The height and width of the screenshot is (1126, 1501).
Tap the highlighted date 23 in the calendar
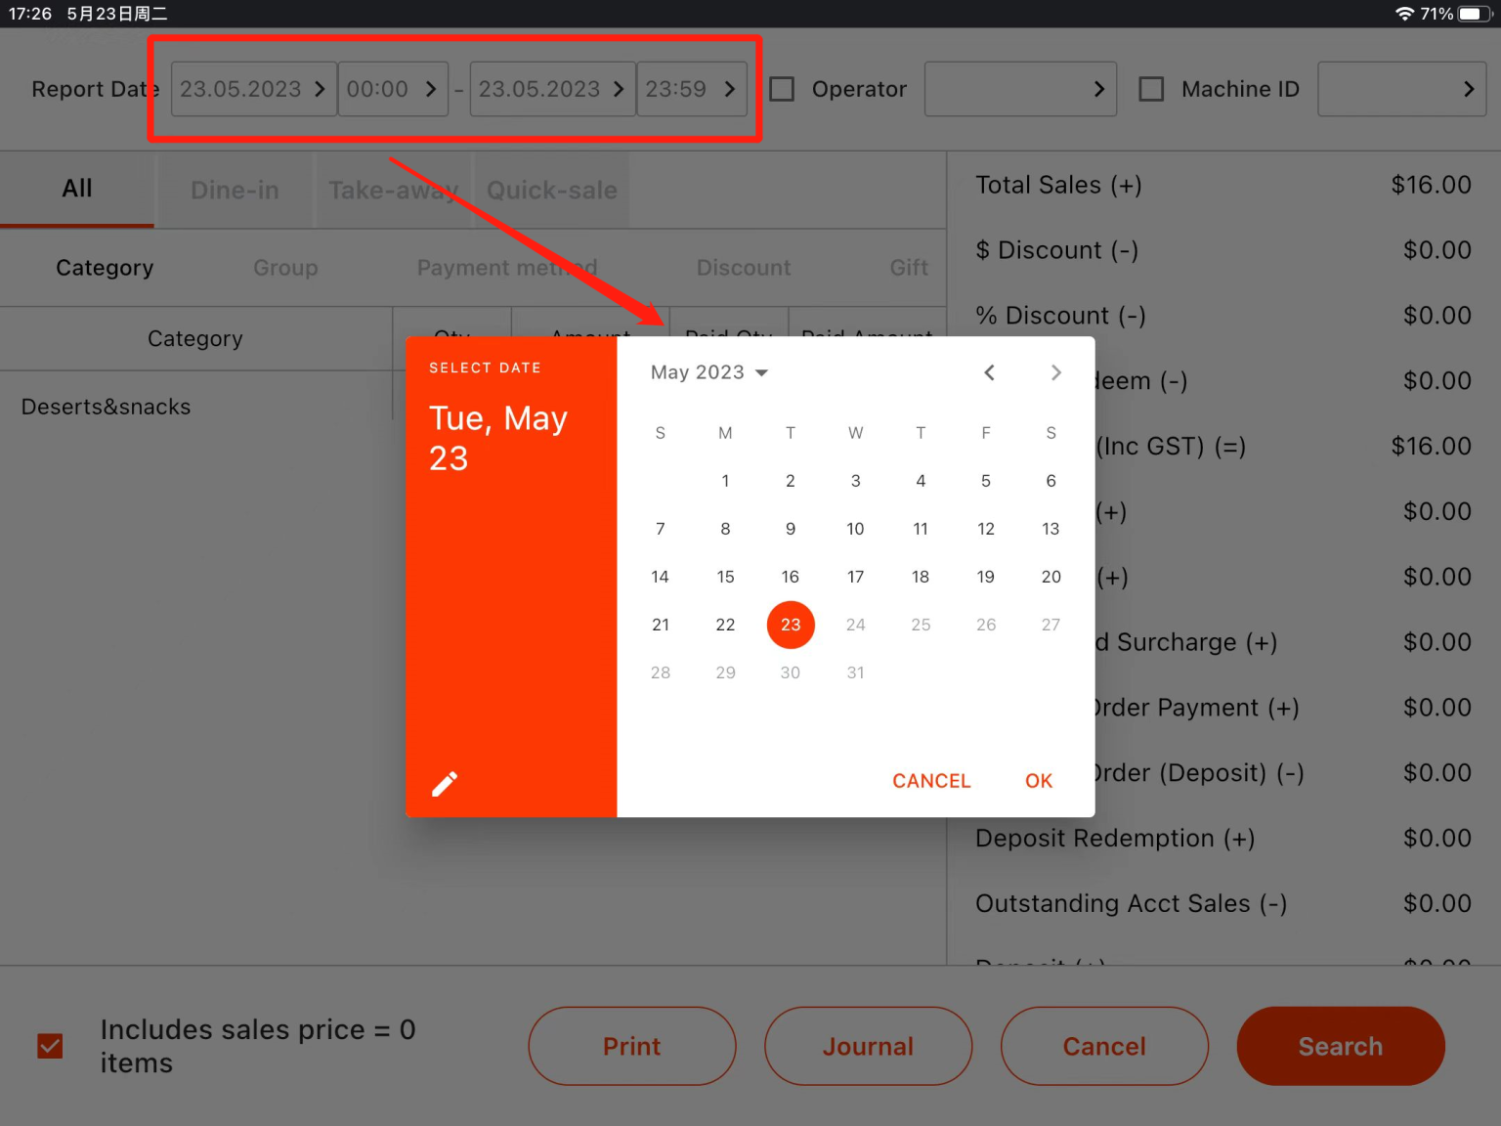[x=791, y=625]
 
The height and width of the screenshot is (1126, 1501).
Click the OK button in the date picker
[x=1038, y=781]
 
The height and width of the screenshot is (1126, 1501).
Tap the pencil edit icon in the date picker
[x=445, y=784]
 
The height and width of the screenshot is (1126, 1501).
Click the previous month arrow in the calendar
[x=989, y=372]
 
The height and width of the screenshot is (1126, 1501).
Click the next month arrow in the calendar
[x=1055, y=372]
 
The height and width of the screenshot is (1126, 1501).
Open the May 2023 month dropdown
[x=709, y=372]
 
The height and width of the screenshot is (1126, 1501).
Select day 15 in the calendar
[x=725, y=577]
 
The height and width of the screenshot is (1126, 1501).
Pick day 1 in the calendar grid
[x=725, y=481]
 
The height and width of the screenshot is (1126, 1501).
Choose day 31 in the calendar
[x=855, y=672]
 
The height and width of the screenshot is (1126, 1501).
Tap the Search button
[x=1340, y=1046]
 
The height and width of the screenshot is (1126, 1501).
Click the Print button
[x=631, y=1046]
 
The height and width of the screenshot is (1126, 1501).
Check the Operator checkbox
[x=782, y=89]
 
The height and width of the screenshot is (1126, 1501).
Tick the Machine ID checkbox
[x=1151, y=89]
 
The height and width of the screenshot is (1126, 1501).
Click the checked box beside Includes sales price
[x=50, y=1046]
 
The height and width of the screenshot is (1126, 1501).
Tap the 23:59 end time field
[x=691, y=89]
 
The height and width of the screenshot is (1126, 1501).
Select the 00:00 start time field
[x=392, y=89]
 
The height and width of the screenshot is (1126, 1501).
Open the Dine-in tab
[x=235, y=190]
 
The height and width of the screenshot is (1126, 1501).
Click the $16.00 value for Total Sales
[x=1431, y=185]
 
